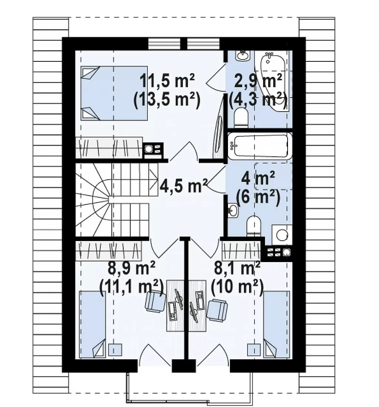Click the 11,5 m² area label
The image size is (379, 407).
coord(167,81)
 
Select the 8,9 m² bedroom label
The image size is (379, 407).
coord(131,268)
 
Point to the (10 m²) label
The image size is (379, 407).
coord(237,287)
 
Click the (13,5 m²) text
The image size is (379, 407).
coord(167,99)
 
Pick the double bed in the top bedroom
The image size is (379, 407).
coord(114,93)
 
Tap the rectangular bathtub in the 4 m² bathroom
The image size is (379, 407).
coord(260,146)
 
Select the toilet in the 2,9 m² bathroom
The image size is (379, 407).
coord(241,118)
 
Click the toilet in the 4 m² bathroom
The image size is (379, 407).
coord(254,226)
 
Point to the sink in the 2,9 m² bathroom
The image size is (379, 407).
coord(243,56)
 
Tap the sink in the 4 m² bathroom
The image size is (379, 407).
coord(233,210)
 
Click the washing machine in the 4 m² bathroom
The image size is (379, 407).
coord(282,235)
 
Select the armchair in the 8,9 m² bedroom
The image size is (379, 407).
coord(155,301)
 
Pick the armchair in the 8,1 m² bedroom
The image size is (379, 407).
coord(217,311)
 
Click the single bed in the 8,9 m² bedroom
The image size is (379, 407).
coord(92,324)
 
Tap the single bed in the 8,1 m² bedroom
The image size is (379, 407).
coord(276,324)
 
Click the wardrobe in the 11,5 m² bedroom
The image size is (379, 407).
coord(109,147)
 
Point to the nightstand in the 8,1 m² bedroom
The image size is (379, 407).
coord(254,350)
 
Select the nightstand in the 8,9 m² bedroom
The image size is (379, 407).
coord(115,350)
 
